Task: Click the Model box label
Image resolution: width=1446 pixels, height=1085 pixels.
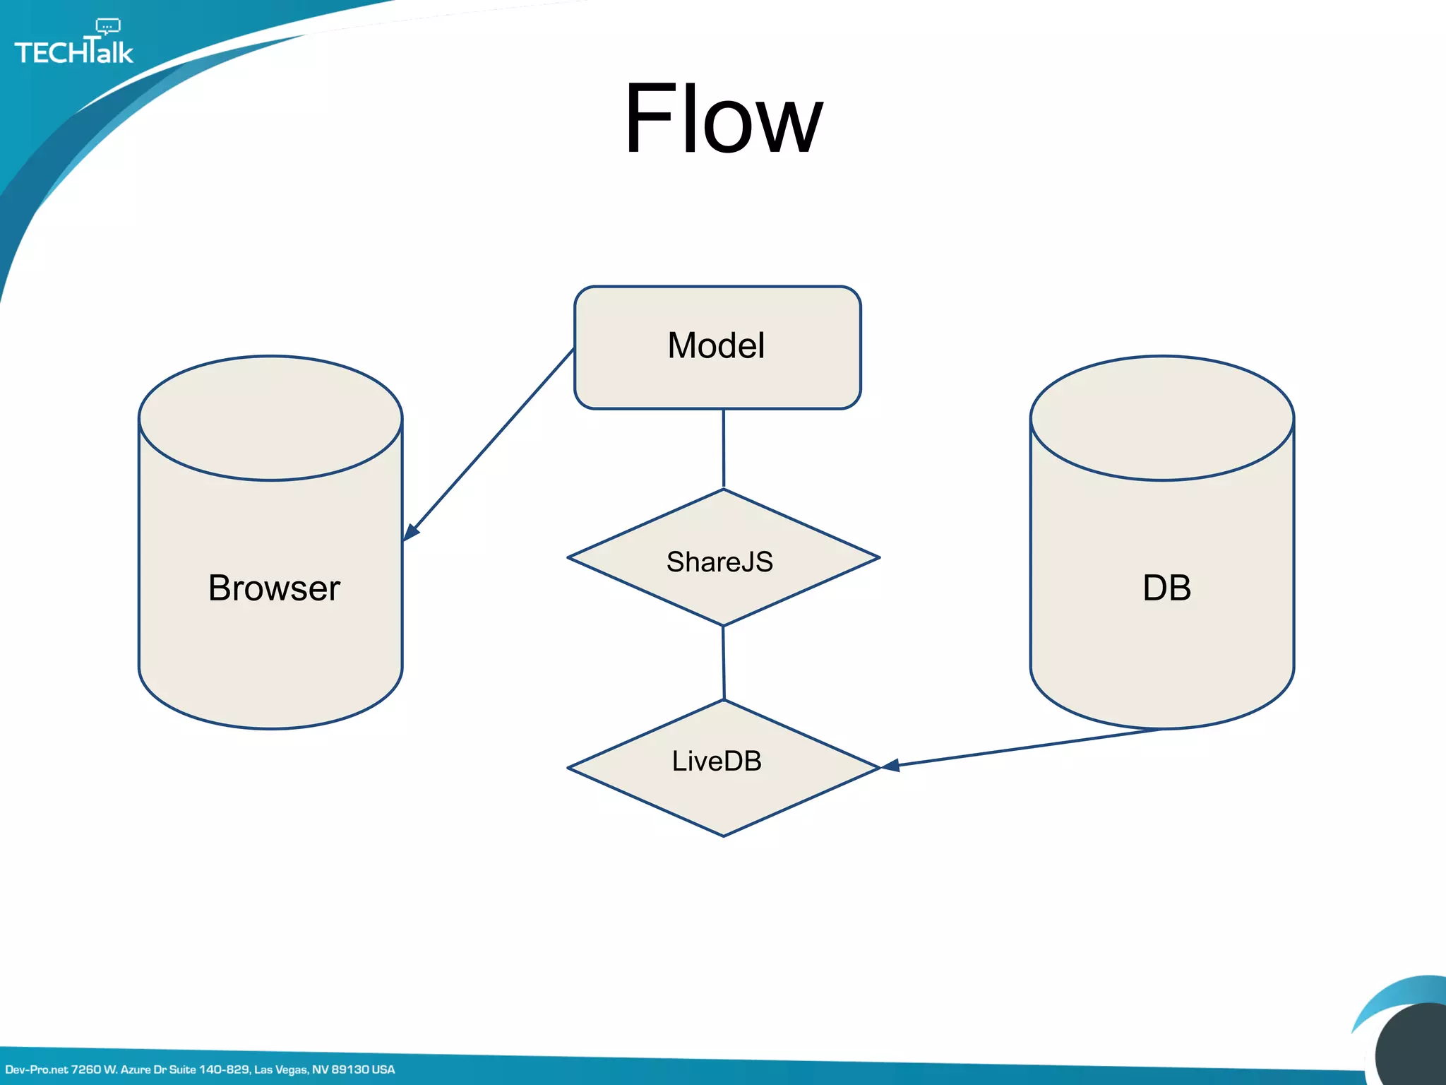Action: [x=716, y=346]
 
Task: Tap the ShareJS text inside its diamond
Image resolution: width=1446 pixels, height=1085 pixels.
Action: [x=719, y=562]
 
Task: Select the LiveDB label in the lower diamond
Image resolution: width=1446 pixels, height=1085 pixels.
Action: [x=717, y=761]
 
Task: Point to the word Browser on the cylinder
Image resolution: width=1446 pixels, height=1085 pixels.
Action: [x=274, y=588]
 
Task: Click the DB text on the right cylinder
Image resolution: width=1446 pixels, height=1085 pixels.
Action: [x=1166, y=588]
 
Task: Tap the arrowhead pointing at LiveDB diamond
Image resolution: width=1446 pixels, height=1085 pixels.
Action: [x=890, y=766]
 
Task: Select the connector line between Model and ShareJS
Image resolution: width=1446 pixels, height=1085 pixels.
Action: [x=723, y=449]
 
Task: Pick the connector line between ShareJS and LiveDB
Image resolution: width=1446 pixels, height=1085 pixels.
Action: [x=723, y=663]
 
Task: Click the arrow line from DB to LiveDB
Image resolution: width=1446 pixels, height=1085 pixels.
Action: [x=1024, y=748]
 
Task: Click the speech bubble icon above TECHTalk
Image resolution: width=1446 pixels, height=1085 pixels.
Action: [x=108, y=27]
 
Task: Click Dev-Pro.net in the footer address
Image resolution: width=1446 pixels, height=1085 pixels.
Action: [x=37, y=1069]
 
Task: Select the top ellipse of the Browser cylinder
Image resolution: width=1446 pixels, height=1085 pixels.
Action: [x=270, y=418]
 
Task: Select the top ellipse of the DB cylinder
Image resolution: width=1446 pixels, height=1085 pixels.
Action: [x=1161, y=418]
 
